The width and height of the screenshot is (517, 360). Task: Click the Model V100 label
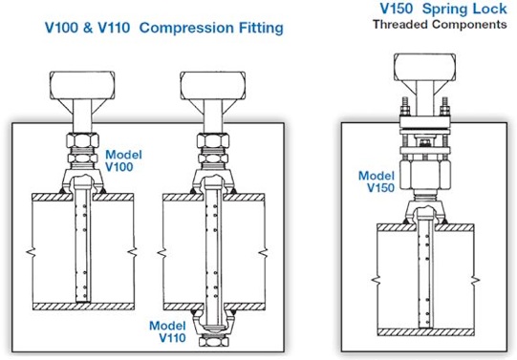click(x=123, y=160)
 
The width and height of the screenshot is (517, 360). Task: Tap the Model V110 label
click(x=167, y=331)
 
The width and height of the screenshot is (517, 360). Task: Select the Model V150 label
click(x=377, y=181)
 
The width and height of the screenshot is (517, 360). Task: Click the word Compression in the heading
click(x=187, y=28)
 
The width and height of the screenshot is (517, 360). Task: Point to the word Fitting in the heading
click(x=261, y=28)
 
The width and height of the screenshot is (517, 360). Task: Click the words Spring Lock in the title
click(x=464, y=9)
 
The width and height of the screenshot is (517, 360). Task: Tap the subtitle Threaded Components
click(x=440, y=25)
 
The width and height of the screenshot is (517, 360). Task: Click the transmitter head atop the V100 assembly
click(x=82, y=85)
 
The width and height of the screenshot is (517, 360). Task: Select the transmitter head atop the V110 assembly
click(x=213, y=85)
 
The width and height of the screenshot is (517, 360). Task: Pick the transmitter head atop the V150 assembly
click(x=424, y=67)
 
